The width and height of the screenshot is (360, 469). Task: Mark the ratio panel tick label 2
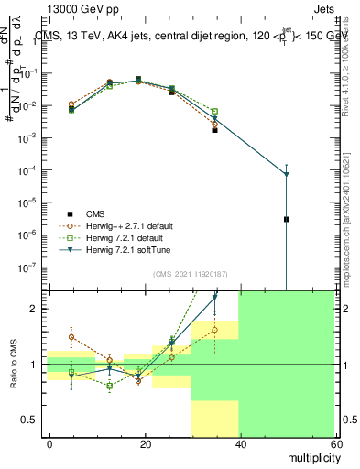34,309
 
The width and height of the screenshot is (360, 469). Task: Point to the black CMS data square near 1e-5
287,219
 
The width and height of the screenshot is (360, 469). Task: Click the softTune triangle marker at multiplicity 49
287,174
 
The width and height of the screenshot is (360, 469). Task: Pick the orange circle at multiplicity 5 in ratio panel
71,337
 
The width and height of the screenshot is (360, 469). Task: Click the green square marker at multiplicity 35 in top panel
214,112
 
